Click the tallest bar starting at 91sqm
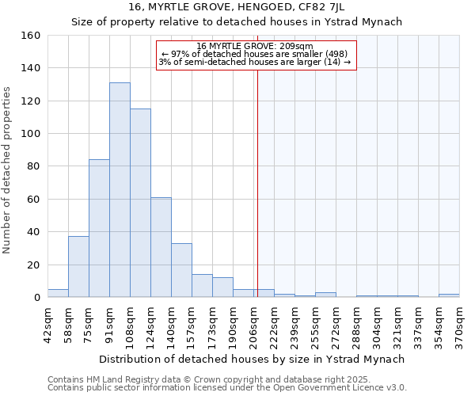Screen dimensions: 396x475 [120, 190]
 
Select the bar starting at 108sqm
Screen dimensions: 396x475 [140, 203]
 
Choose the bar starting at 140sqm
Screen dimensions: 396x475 [181, 270]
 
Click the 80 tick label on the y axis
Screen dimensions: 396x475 [34, 166]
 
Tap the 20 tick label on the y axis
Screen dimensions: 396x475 [34, 265]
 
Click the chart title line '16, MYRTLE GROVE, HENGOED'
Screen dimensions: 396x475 [237, 8]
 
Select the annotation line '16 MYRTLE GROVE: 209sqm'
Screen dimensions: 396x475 [255, 46]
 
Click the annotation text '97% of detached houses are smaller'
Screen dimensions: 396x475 [255, 54]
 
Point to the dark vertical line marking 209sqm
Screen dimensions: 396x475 [257, 182]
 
